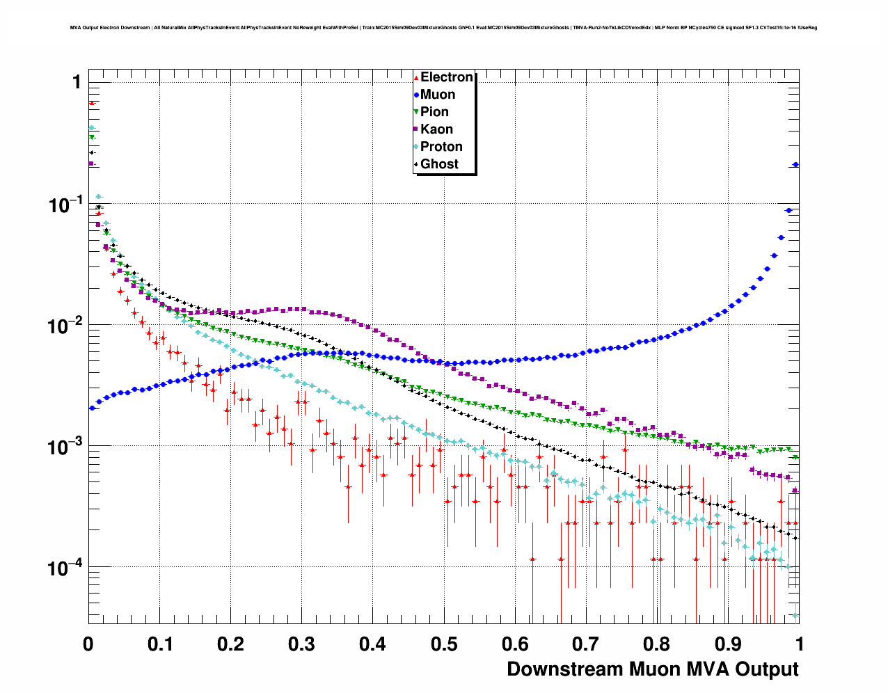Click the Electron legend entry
click(446, 77)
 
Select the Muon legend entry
click(437, 95)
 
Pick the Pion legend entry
click(434, 112)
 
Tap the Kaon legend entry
click(436, 129)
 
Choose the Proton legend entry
click(441, 147)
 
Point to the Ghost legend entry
click(439, 164)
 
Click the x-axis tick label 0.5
click(444, 644)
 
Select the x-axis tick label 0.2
click(230, 644)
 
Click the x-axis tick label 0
click(88, 644)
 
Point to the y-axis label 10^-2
click(64, 326)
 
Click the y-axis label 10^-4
click(64, 568)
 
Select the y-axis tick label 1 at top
click(77, 82)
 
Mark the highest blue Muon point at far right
click(796, 165)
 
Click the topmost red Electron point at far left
click(92, 103)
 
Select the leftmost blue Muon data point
click(92, 408)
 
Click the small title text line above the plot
click(443, 28)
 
